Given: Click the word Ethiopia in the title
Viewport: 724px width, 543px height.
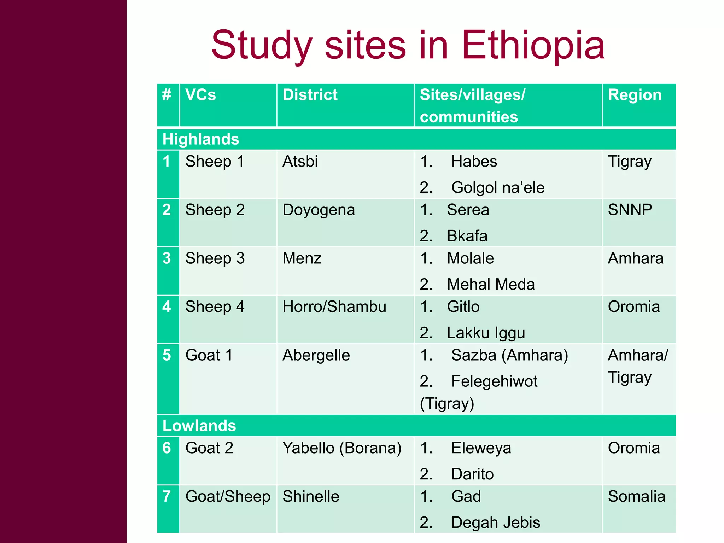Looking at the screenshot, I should click(533, 45).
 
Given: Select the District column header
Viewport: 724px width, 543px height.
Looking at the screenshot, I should click(310, 95).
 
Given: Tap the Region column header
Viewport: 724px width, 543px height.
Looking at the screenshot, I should click(635, 95).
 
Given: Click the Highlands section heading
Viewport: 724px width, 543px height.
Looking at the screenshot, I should click(200, 139).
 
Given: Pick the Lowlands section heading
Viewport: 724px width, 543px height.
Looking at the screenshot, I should click(199, 426).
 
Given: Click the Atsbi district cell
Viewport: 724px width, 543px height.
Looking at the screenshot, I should click(300, 162).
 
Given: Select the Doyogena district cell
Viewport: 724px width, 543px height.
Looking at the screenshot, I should click(319, 210).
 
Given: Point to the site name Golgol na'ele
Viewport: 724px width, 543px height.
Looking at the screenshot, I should click(498, 188).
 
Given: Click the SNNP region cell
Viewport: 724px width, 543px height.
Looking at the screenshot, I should click(630, 210).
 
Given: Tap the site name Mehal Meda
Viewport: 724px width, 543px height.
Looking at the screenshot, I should click(491, 285).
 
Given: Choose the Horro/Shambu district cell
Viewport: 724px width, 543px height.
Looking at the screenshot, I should click(334, 307).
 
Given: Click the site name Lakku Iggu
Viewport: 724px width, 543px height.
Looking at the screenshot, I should click(486, 333).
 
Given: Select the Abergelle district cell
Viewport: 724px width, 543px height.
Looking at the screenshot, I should click(316, 355).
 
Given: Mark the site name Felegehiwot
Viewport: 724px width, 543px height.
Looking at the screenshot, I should click(494, 381).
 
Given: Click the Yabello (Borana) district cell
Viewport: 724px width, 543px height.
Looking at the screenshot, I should click(342, 448).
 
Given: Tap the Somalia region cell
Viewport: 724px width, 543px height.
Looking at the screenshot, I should click(636, 497).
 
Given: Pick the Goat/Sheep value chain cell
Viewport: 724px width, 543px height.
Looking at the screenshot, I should click(228, 497).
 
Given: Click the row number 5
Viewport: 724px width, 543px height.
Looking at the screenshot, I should click(167, 355).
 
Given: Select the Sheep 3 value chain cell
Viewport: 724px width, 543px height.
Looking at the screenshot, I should click(215, 258).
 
